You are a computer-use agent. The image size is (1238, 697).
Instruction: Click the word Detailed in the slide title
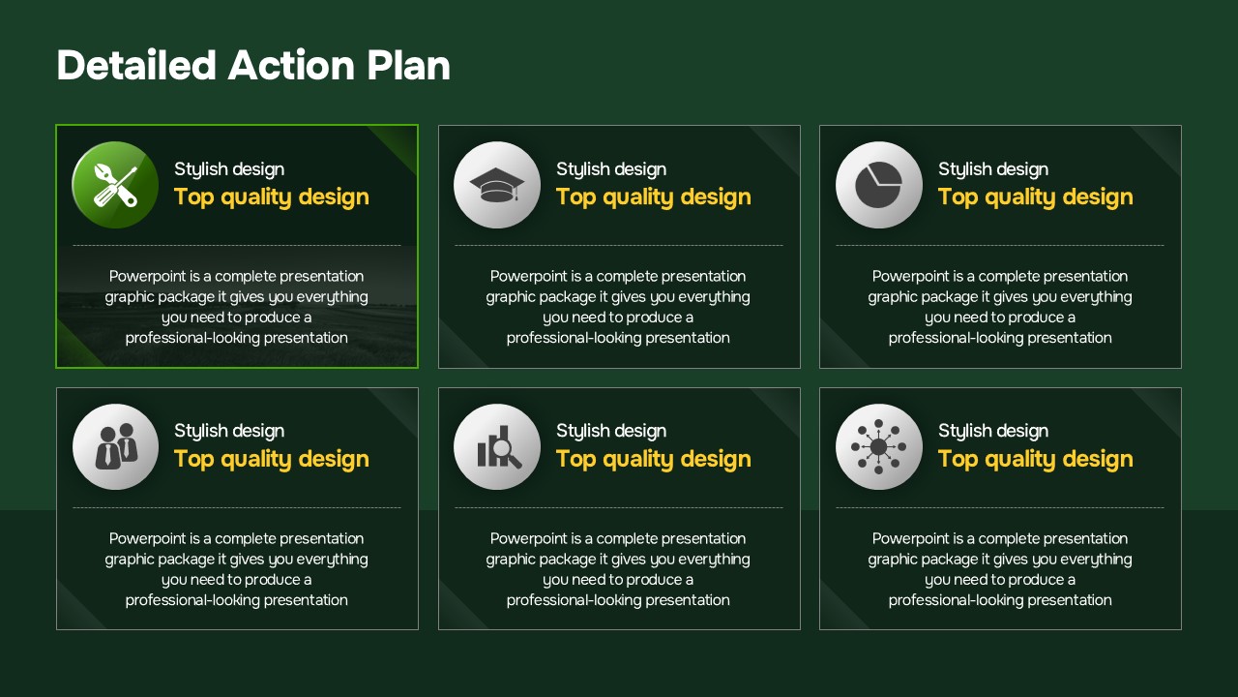tap(136, 65)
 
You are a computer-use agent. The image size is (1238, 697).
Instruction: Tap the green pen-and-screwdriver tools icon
tap(115, 185)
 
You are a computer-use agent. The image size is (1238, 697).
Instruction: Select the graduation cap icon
tap(497, 185)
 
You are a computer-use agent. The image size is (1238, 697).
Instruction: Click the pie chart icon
tap(879, 185)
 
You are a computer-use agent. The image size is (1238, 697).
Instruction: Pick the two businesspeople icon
tap(115, 447)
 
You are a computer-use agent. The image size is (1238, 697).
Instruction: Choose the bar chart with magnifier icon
tap(497, 447)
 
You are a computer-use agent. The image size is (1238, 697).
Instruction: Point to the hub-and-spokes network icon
tap(879, 447)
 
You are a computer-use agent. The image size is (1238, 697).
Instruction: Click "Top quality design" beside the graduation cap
tap(653, 197)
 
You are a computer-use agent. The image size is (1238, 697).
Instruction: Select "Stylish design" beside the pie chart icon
tap(993, 169)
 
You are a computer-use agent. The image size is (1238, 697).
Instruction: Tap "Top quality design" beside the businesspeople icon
tap(272, 460)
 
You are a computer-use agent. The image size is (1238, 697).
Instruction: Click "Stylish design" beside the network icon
tap(993, 431)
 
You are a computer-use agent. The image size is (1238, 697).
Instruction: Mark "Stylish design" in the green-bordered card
tap(229, 169)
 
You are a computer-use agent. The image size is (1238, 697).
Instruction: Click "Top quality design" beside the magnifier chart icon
tap(653, 460)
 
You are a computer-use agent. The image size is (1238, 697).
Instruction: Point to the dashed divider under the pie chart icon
tap(1000, 245)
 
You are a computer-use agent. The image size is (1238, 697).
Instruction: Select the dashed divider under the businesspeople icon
tap(237, 507)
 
